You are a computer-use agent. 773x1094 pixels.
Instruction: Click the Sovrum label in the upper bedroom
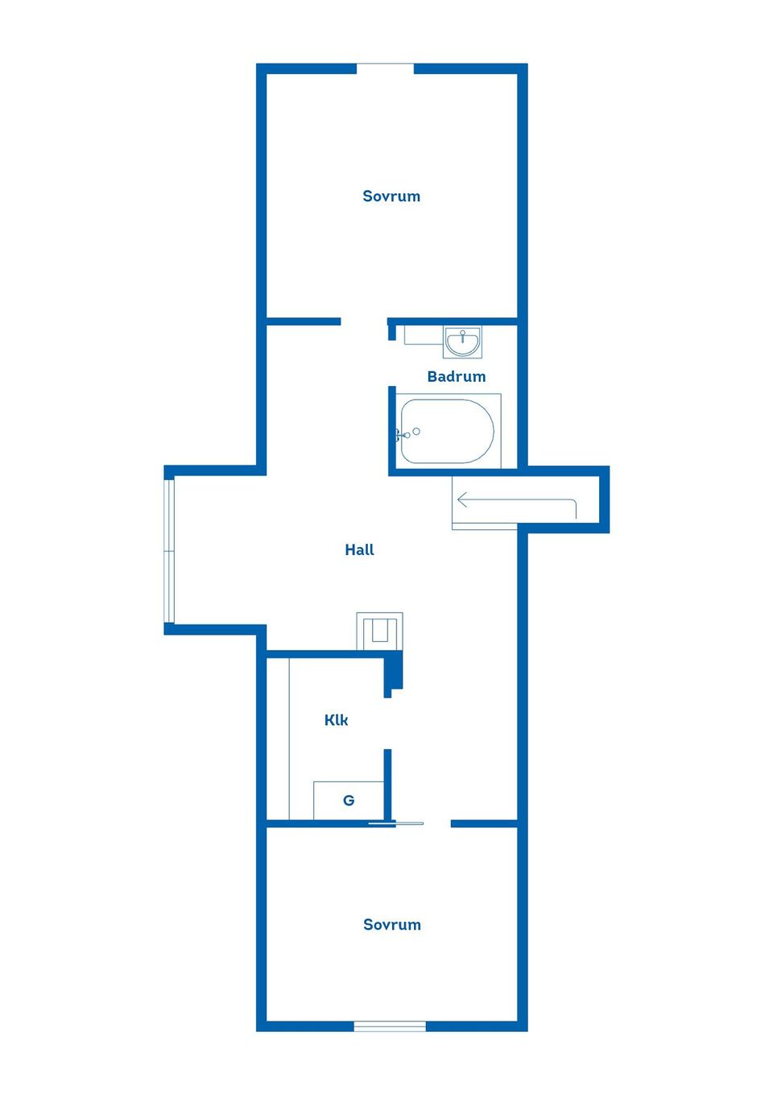coord(391,197)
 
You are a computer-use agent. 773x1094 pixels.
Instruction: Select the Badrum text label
coord(457,376)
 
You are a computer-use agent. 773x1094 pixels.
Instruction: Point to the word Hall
coord(360,550)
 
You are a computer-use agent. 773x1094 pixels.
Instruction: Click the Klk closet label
coord(337,720)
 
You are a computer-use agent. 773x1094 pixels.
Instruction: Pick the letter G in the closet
coord(349,801)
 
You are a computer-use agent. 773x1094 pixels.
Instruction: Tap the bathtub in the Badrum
coord(447,431)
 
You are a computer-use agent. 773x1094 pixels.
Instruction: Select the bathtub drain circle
coord(416,431)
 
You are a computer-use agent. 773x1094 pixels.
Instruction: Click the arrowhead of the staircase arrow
coord(461,499)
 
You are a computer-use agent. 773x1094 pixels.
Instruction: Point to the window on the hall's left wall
coord(169,551)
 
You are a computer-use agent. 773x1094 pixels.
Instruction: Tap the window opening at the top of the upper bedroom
coord(386,68)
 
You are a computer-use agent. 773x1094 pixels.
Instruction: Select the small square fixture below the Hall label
coord(380,631)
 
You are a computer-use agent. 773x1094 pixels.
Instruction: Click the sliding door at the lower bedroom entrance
coord(396,823)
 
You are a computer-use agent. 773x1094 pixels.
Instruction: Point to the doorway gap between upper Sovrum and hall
coord(364,321)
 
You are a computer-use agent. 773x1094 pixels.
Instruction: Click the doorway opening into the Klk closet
coord(387,723)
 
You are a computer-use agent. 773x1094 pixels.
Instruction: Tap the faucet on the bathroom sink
coord(462,335)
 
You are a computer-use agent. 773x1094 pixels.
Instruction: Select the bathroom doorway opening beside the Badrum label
coord(392,363)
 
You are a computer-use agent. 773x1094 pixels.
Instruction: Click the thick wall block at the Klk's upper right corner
coord(393,673)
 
